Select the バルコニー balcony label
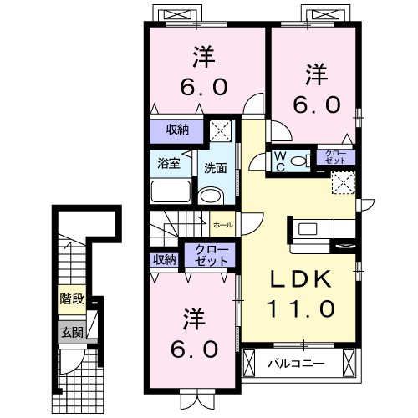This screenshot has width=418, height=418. click(295, 364)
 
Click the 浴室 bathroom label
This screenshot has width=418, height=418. click(170, 163)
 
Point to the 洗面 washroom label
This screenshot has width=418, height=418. click(215, 168)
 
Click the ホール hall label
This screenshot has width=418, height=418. click(223, 225)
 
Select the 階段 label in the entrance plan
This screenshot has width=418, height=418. click(71, 298)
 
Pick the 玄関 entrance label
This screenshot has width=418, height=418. click(71, 331)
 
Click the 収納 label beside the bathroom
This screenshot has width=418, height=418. click(176, 130)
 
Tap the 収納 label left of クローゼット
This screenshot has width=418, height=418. click(165, 259)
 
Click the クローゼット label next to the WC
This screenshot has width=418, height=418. click(334, 157)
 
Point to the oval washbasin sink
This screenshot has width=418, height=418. click(212, 196)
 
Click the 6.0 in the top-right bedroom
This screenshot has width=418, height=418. click(315, 104)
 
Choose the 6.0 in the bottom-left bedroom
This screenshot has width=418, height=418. click(193, 346)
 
